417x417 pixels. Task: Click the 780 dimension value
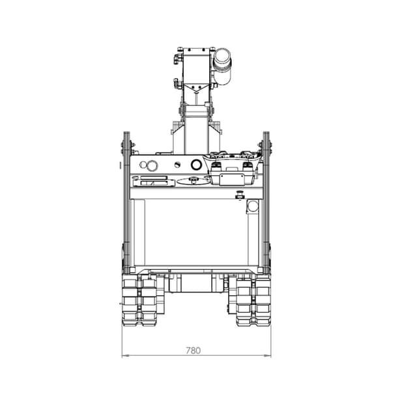coord(193,351)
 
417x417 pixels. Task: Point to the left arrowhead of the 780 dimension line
coord(125,355)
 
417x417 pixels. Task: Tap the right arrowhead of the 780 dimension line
coord(267,355)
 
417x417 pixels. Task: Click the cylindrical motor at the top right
coord(222,66)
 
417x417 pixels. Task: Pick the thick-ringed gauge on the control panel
coord(196,165)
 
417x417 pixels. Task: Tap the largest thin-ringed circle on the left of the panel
coord(152,165)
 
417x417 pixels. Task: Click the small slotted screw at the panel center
coord(177,165)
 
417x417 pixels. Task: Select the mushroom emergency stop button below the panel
coord(240,195)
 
